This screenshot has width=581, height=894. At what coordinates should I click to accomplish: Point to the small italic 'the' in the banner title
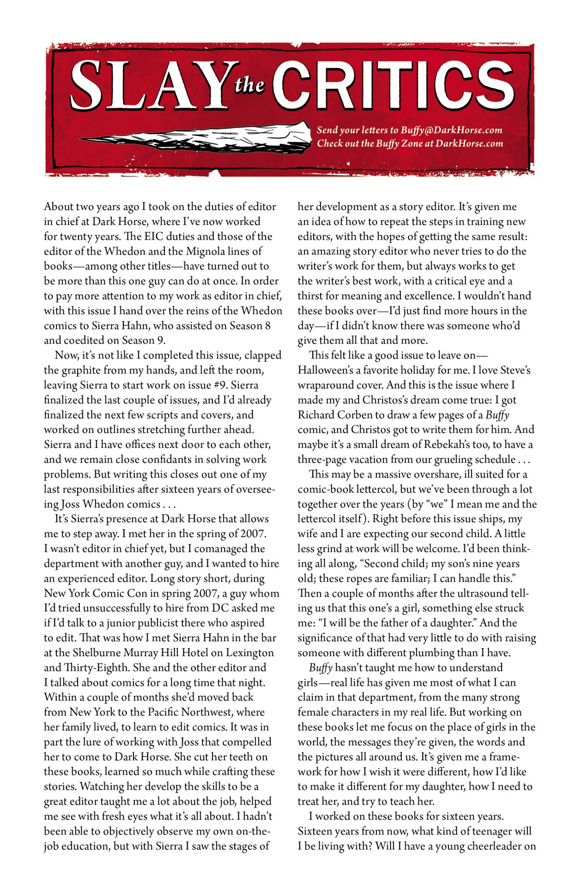(x=250, y=85)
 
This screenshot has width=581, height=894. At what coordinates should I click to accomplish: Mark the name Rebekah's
(x=448, y=444)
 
